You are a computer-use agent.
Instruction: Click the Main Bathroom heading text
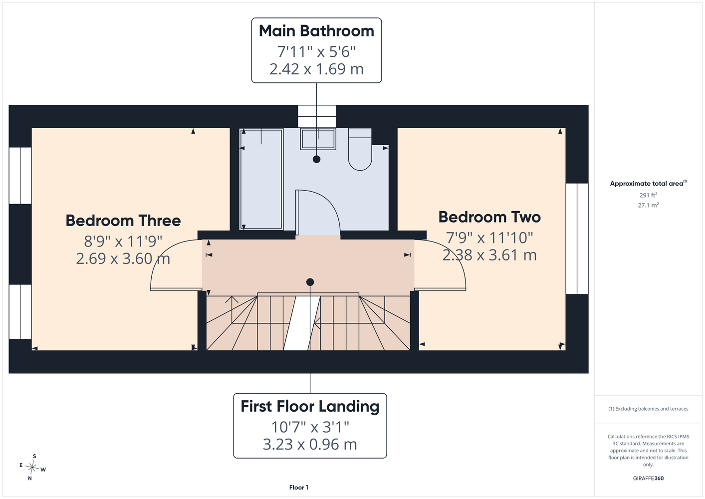[316, 31]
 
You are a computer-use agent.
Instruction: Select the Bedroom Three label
[123, 221]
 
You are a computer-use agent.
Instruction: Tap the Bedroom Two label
[489, 217]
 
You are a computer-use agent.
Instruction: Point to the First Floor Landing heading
[310, 406]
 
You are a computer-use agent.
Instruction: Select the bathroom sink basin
[318, 139]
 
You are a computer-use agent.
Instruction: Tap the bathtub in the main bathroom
[261, 179]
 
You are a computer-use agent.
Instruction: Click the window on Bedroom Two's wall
[577, 239]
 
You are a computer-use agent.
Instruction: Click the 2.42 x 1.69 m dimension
[316, 69]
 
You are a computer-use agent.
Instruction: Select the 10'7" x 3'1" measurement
[310, 427]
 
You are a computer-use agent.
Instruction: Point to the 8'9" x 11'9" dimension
[123, 241]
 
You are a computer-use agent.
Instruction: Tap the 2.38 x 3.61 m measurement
[489, 255]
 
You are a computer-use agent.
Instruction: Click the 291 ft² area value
[648, 195]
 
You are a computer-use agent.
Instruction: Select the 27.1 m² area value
[648, 205]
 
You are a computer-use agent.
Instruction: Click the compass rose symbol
[32, 467]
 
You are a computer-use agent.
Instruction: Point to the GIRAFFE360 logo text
[648, 478]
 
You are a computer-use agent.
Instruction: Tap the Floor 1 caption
[299, 488]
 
